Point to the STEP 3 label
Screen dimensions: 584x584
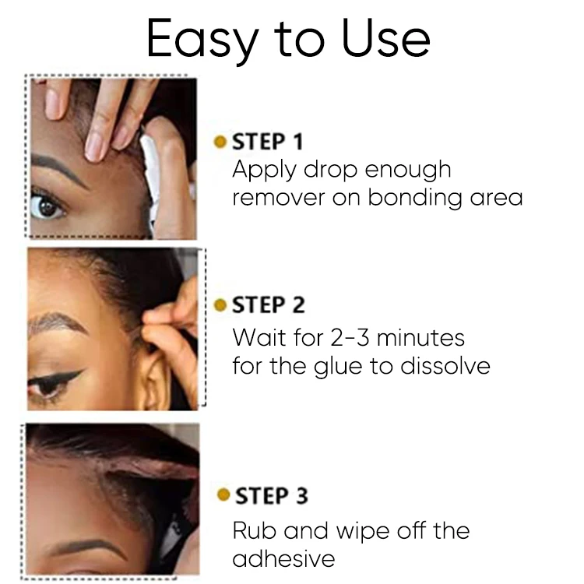pyautogui.click(x=271, y=495)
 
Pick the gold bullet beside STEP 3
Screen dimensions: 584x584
pyautogui.click(x=223, y=495)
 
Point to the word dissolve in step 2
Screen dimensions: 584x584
pyautogui.click(x=448, y=364)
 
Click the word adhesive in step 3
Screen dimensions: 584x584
pyautogui.click(x=283, y=558)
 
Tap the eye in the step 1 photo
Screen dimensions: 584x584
pyautogui.click(x=48, y=206)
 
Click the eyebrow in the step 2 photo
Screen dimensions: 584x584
pyautogui.click(x=58, y=323)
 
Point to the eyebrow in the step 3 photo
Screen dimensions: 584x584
pyautogui.click(x=86, y=544)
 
